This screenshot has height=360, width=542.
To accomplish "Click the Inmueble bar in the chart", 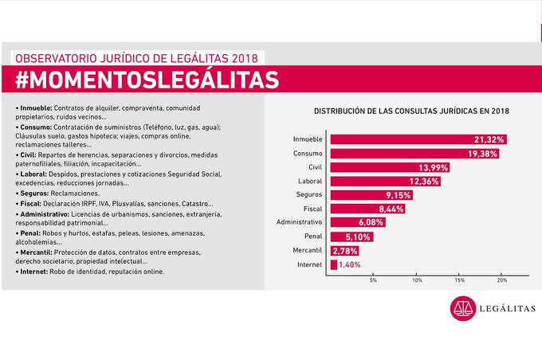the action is (x=418, y=139).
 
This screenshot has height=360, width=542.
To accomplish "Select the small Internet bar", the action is (x=333, y=264).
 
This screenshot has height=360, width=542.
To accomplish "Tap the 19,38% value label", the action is (x=482, y=154).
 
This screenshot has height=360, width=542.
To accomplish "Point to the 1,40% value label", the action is (x=349, y=264).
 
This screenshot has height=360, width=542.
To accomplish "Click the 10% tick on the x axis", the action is (x=417, y=280).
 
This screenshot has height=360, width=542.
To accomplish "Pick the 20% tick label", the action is (x=502, y=280).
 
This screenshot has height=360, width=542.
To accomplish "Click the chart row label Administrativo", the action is (x=299, y=222).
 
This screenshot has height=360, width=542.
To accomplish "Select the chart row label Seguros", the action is (x=309, y=194).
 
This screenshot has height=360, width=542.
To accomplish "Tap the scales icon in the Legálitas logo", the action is (x=463, y=308).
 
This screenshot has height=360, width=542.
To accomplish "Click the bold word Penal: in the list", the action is (x=30, y=233).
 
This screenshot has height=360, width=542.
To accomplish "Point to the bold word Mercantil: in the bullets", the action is (x=36, y=252).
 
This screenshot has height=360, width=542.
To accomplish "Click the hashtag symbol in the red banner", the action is (x=22, y=80).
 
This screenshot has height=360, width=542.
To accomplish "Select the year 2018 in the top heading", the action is (x=245, y=58).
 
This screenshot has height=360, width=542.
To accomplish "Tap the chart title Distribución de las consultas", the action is (x=411, y=111).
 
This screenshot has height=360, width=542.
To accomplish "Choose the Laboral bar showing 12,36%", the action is (x=386, y=181).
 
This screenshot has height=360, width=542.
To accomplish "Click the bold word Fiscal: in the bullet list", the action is (x=30, y=204).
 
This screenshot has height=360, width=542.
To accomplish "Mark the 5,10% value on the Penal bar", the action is (x=358, y=237).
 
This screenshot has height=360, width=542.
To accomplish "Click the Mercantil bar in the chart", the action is (x=344, y=251).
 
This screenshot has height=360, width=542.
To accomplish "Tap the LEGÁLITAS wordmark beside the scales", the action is (x=508, y=308).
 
